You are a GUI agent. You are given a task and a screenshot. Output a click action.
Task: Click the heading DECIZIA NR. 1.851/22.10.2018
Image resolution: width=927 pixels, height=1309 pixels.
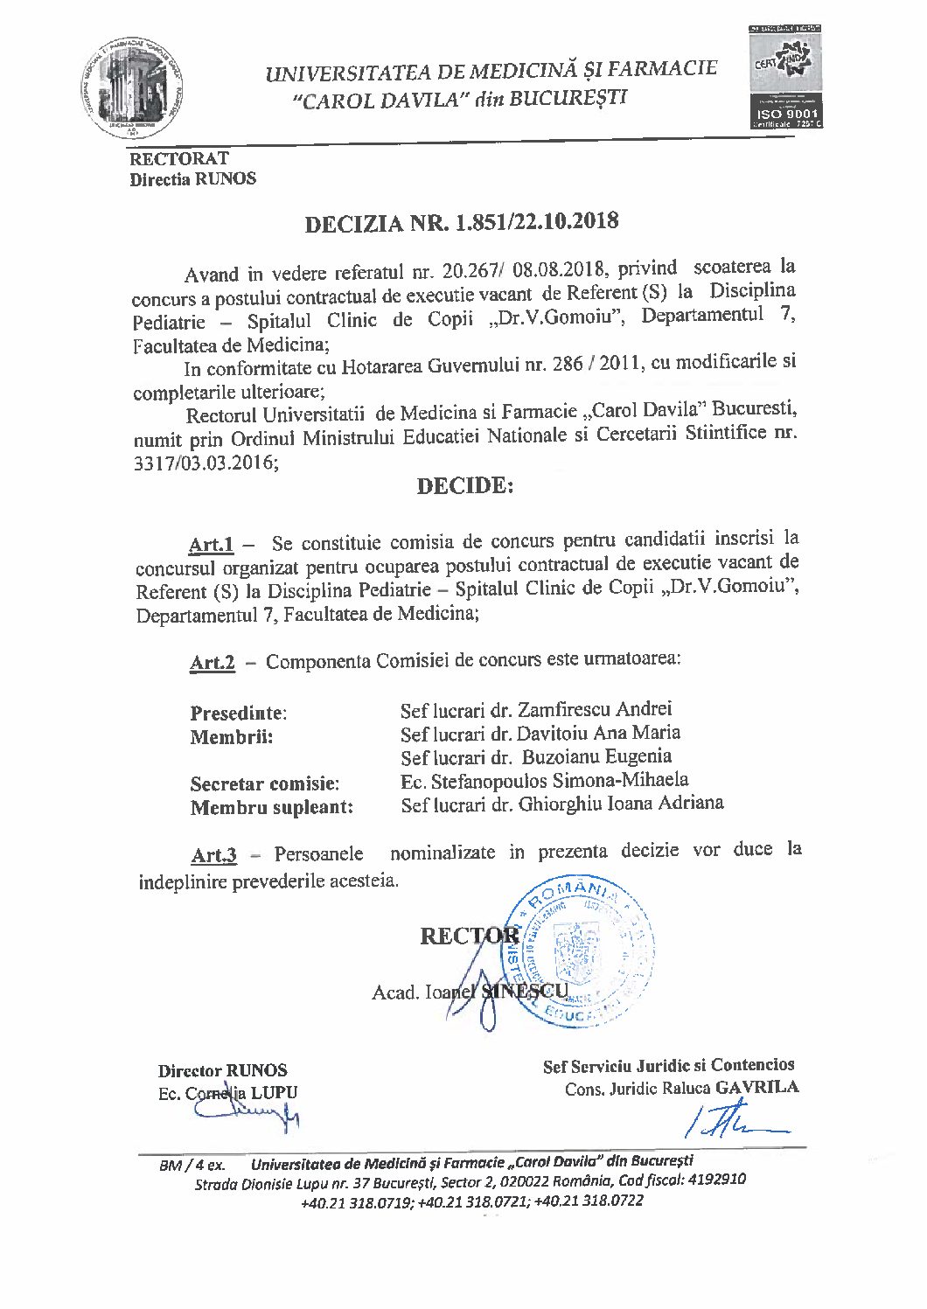point(461,223)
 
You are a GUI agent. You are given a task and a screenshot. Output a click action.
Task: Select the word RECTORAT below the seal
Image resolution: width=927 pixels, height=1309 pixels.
point(179,159)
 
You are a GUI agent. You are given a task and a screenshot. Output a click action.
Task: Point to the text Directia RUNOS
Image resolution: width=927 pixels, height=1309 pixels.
point(193,179)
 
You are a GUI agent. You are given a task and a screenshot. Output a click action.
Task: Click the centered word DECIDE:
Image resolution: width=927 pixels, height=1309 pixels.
point(464,486)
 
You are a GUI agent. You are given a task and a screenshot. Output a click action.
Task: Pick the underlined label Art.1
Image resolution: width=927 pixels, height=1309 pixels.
point(211,545)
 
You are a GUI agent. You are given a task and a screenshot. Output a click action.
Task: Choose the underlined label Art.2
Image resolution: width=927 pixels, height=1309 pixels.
point(212,663)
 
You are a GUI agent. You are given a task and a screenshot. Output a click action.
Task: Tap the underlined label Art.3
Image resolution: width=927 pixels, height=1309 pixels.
point(213,855)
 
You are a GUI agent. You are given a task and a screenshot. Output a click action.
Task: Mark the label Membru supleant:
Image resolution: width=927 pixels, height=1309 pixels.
point(272,807)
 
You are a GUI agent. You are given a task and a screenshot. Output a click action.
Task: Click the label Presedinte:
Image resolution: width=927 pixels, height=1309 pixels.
point(238,714)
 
